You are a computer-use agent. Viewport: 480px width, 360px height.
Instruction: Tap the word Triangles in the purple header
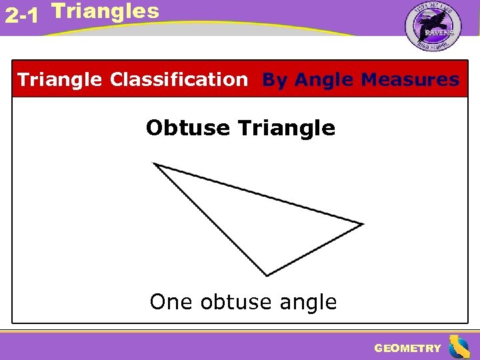[105, 11]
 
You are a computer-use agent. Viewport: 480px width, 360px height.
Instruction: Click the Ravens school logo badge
[433, 26]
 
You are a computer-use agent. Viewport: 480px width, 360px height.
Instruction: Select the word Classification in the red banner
[178, 80]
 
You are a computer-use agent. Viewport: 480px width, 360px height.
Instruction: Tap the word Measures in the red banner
[409, 80]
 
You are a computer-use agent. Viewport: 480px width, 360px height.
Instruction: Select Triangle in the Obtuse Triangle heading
[286, 127]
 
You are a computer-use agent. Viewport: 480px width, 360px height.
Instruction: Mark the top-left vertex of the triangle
[155, 164]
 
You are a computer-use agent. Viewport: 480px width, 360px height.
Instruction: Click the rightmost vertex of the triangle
[362, 224]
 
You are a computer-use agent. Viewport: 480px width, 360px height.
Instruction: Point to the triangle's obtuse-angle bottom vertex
[267, 275]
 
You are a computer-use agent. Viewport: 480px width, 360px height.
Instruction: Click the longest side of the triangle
[258, 194]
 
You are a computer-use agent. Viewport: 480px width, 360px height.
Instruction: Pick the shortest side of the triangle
[315, 249]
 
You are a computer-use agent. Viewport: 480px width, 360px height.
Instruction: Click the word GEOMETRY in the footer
[407, 348]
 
